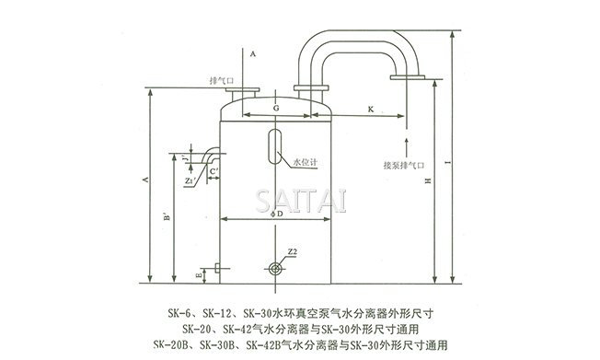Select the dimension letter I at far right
[445, 163]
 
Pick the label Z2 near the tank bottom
[292, 251]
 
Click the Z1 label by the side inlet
[189, 181]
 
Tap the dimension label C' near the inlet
[213, 171]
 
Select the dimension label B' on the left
[165, 219]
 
